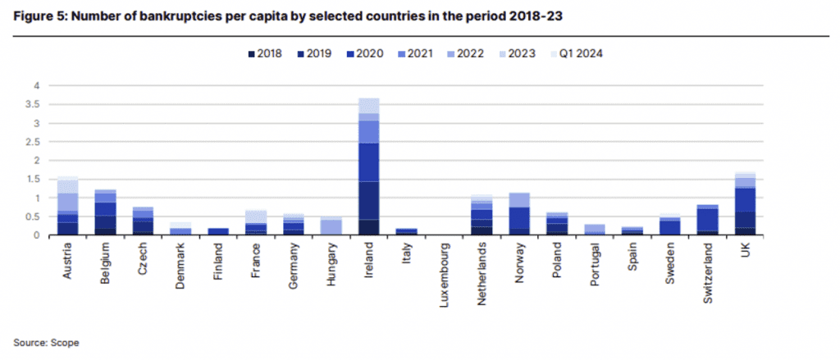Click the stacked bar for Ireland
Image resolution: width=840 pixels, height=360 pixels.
[x=368, y=167]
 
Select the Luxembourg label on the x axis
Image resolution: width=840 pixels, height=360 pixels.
[x=445, y=275]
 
